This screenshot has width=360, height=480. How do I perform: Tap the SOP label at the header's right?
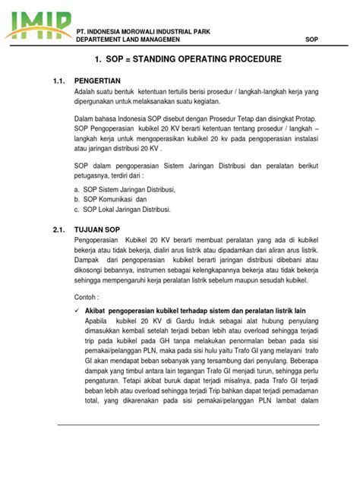tap(311, 39)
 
